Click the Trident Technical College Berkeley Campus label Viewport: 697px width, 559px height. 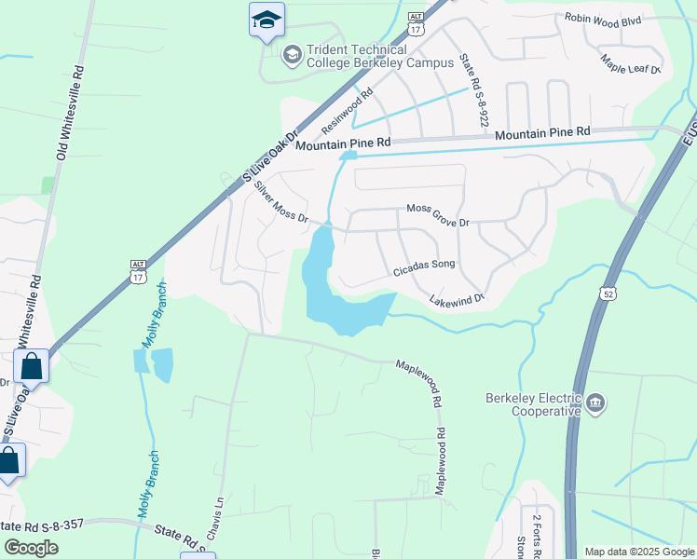358,56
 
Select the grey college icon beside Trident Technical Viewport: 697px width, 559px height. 292,55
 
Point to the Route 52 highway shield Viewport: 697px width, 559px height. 608,293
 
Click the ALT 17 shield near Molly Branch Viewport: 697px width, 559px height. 138,272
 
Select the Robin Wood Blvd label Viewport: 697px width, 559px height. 604,19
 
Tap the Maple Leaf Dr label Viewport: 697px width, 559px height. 631,63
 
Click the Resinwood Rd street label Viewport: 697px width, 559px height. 347,109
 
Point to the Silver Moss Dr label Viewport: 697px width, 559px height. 280,202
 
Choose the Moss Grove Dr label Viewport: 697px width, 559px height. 438,216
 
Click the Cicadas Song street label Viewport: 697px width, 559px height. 424,266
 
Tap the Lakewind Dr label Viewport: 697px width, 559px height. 458,299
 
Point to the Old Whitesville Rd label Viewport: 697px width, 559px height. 70,112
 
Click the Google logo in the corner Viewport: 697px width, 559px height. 32,548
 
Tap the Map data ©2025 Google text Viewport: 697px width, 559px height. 638,552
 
